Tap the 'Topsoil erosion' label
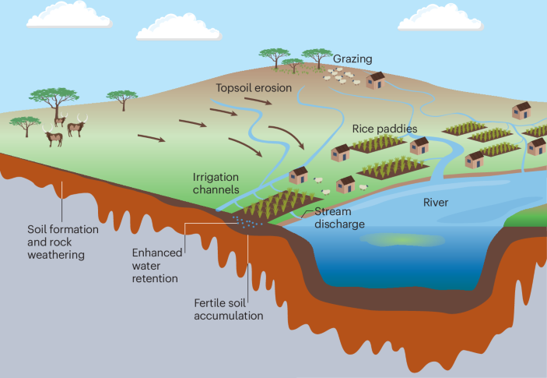click(x=254, y=88)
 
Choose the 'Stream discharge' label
click(x=339, y=218)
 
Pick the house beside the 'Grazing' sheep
click(x=377, y=80)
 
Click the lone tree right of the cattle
click(x=121, y=98)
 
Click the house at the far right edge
click(x=537, y=145)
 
